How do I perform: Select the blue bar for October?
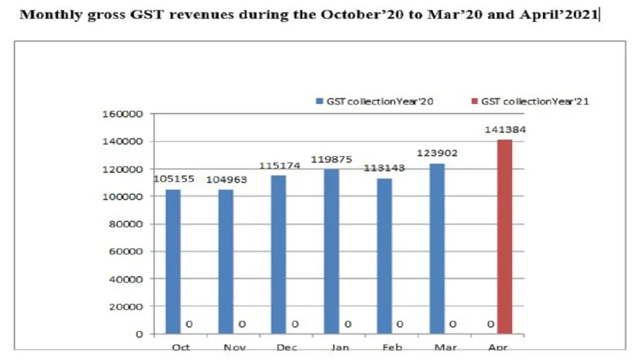tap(173, 262)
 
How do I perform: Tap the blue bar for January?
tap(332, 251)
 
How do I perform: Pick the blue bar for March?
tap(437, 248)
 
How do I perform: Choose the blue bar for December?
tap(279, 255)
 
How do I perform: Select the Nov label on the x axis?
tap(235, 348)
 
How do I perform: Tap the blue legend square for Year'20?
tap(319, 101)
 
